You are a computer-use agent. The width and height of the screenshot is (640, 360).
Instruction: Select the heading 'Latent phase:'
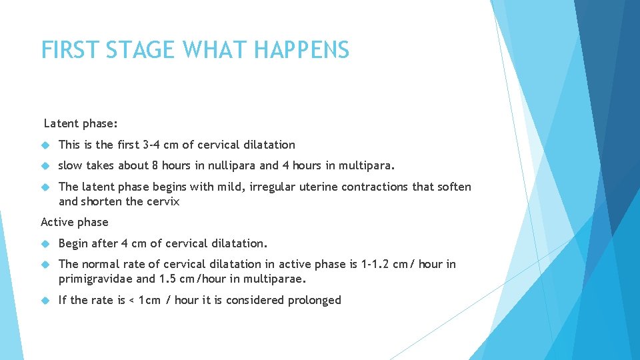tap(81, 123)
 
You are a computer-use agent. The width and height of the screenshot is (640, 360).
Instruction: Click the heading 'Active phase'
tap(74, 222)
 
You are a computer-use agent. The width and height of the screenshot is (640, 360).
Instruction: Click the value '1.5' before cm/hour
tap(167, 279)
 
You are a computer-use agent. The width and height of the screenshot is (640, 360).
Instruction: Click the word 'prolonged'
tap(314, 300)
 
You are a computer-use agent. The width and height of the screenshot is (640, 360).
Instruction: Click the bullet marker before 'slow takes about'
tap(46, 165)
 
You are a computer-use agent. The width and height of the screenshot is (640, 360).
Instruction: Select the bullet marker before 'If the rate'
tap(46, 300)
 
